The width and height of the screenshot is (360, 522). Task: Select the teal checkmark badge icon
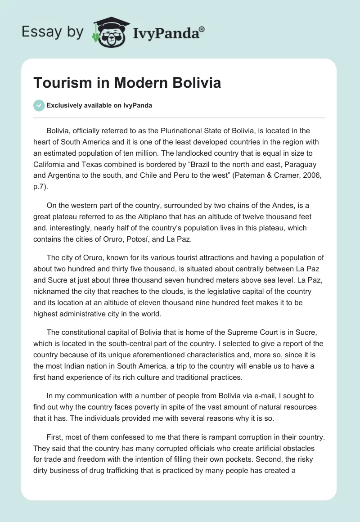click(39, 105)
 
